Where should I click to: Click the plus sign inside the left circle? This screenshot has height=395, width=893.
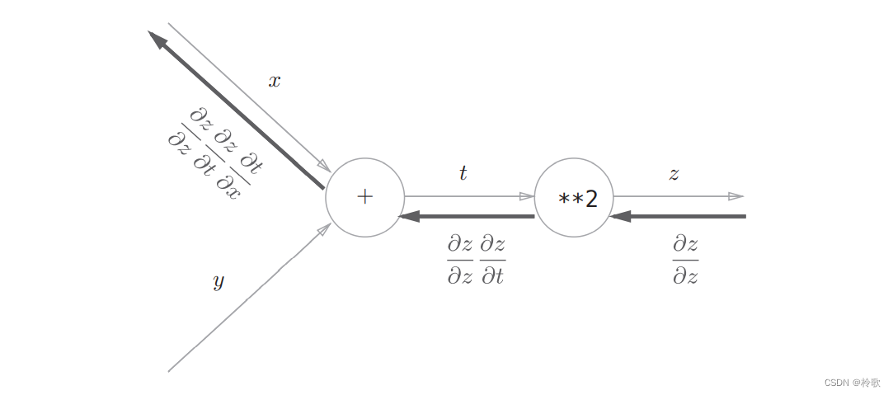click(x=364, y=197)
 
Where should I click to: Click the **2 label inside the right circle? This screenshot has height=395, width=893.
click(x=577, y=200)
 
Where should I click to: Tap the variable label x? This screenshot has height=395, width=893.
click(x=275, y=82)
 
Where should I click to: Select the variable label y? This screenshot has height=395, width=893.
click(x=219, y=281)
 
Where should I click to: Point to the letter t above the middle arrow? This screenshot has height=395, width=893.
click(x=463, y=173)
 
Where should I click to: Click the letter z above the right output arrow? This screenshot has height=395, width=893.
click(x=674, y=174)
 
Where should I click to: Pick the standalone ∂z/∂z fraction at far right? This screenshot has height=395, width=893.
click(x=685, y=260)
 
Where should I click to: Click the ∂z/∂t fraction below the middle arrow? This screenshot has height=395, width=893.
click(x=492, y=260)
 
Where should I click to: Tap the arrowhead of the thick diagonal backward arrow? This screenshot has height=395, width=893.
click(x=157, y=39)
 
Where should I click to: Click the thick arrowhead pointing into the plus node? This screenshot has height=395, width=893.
click(x=410, y=216)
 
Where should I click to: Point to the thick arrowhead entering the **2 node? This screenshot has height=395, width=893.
click(x=619, y=216)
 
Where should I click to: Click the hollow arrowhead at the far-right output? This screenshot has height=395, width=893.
click(x=736, y=197)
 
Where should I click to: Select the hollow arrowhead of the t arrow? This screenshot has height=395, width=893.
click(x=527, y=197)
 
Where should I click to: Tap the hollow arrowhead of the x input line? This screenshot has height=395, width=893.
click(x=325, y=165)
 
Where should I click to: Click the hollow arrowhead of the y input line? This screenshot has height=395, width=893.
click(x=325, y=228)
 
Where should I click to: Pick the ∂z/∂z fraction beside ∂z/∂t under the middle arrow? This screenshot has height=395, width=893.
click(x=460, y=260)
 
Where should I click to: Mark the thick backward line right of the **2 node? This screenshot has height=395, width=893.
click(x=677, y=216)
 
